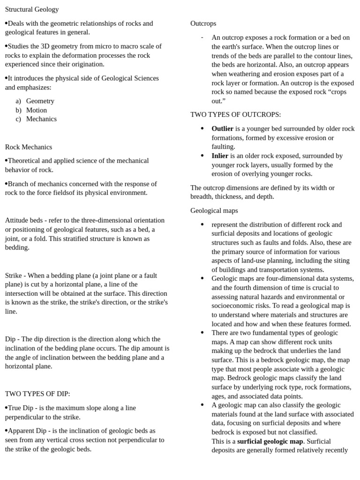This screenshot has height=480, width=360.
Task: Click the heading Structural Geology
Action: tap(32, 9)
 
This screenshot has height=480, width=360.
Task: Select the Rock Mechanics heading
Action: tap(29, 147)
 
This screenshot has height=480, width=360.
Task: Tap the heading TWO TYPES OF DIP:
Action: tap(37, 394)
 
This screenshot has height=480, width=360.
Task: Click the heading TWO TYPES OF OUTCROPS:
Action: tap(236, 114)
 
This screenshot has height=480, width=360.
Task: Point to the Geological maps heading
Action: tap(214, 211)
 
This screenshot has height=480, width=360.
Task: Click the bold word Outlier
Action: tap(222, 128)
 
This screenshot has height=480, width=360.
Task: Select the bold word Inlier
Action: tap(220, 156)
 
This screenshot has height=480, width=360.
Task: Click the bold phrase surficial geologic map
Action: tap(270, 441)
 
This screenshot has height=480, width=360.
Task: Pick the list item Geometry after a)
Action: tap(40, 101)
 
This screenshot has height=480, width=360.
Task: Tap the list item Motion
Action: tap(37, 110)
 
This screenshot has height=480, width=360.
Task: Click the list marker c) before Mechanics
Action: tap(18, 119)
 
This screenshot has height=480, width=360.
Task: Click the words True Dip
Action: tap(21, 408)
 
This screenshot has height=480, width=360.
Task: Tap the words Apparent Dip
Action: tap(27, 430)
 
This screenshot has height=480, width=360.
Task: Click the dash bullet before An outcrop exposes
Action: tap(202, 37)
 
